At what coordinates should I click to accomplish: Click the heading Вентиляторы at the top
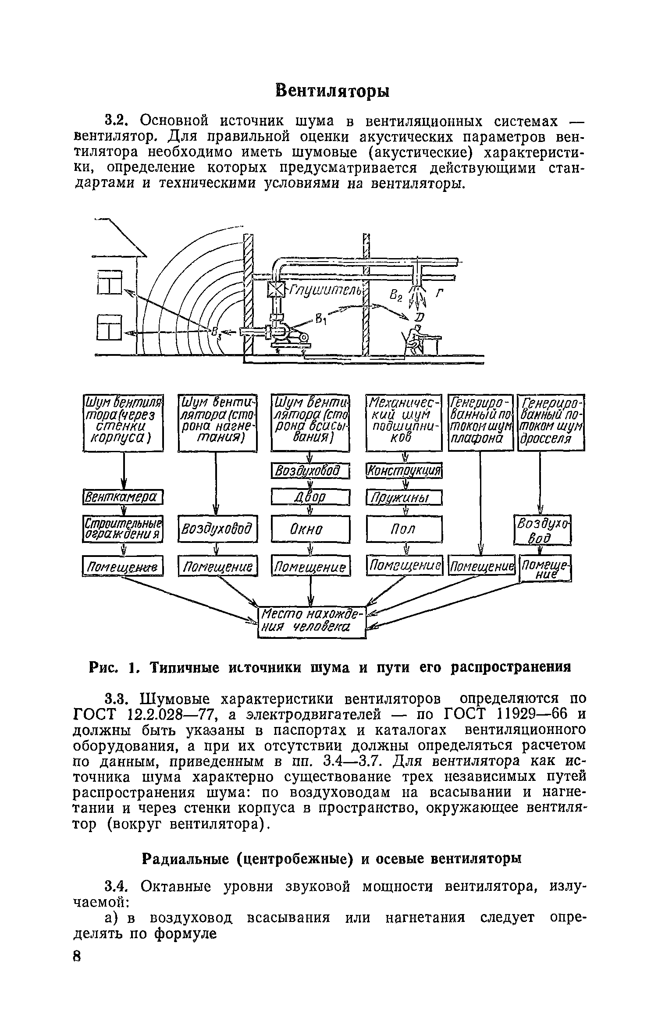tap(332, 91)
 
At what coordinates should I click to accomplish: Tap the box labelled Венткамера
tap(123, 498)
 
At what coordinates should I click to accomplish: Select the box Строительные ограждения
tap(123, 528)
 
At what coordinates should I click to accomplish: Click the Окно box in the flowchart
tap(311, 529)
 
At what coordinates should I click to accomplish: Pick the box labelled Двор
tap(311, 497)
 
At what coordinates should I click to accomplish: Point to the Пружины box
tap(404, 498)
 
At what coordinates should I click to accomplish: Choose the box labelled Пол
tap(404, 529)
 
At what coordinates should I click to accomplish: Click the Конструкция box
tap(404, 471)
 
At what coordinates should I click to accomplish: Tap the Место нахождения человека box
tap(312, 622)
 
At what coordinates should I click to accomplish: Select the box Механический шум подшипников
tap(404, 423)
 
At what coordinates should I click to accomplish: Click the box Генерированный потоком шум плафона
tap(481, 423)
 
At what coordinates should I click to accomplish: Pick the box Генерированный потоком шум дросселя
tap(551, 423)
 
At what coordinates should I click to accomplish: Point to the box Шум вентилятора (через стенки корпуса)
tap(123, 423)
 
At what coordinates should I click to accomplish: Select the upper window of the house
tap(109, 283)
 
